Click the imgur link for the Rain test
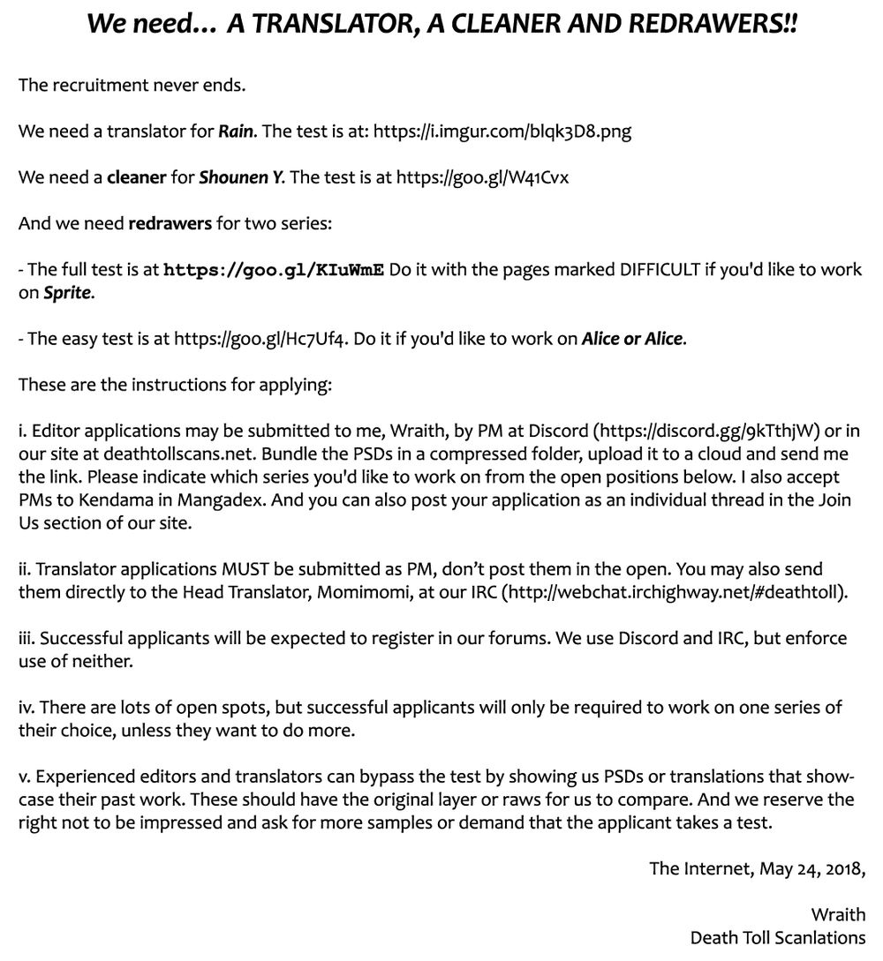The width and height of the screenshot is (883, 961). point(502,132)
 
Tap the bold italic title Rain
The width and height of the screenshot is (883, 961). point(237,132)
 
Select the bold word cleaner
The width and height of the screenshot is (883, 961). point(136,177)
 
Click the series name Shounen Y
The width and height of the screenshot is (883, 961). point(240,177)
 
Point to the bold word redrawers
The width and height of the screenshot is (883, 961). point(170,223)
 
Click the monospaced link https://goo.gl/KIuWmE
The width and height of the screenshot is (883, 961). point(274,269)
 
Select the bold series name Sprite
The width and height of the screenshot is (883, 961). point(67,292)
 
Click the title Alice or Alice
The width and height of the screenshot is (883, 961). point(631,338)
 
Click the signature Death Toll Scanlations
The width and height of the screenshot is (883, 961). point(777,936)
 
